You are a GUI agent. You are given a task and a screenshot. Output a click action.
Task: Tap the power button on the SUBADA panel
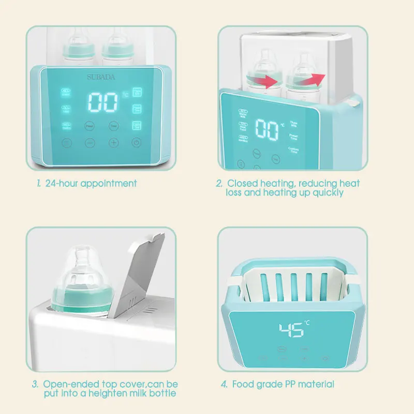[136, 143]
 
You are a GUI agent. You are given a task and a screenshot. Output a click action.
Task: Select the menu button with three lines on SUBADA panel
[67, 143]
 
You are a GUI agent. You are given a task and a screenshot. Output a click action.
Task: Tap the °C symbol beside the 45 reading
[307, 323]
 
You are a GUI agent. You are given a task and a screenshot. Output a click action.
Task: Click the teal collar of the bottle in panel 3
[84, 300]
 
